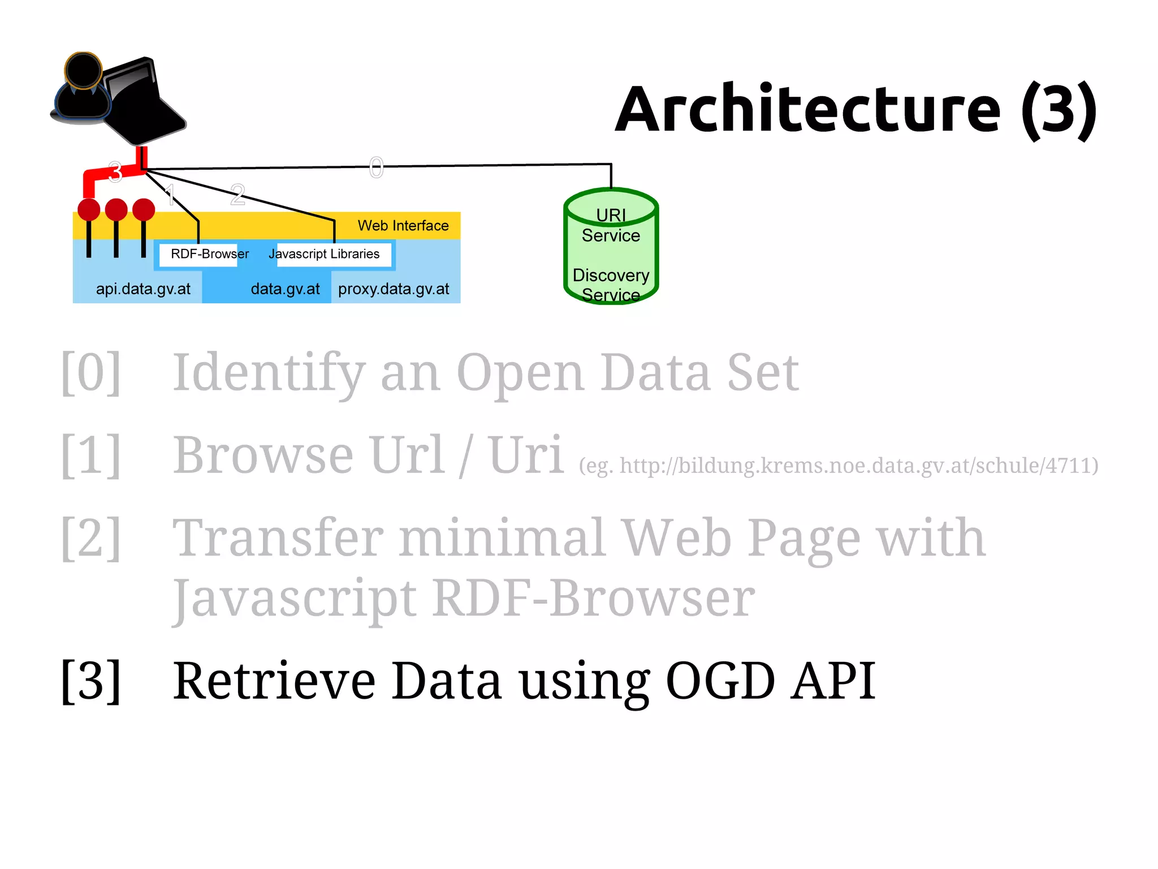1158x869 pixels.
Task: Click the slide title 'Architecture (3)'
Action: tap(855, 109)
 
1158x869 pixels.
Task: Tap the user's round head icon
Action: tap(83, 70)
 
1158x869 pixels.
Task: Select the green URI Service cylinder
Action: tap(611, 247)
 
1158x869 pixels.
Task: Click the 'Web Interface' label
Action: tap(403, 226)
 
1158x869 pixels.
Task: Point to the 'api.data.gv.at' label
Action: tap(143, 289)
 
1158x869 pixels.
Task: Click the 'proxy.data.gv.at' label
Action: tap(394, 289)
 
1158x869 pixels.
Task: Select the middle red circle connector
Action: tap(116, 210)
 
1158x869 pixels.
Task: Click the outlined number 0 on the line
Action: tap(376, 167)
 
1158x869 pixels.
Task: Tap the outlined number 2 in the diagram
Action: tap(237, 195)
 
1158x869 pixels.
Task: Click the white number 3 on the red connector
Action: tap(115, 172)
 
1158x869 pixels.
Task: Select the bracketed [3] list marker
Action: tap(90, 681)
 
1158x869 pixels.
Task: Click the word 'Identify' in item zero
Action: tap(269, 373)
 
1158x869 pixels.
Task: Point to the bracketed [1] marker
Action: tap(90, 455)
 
